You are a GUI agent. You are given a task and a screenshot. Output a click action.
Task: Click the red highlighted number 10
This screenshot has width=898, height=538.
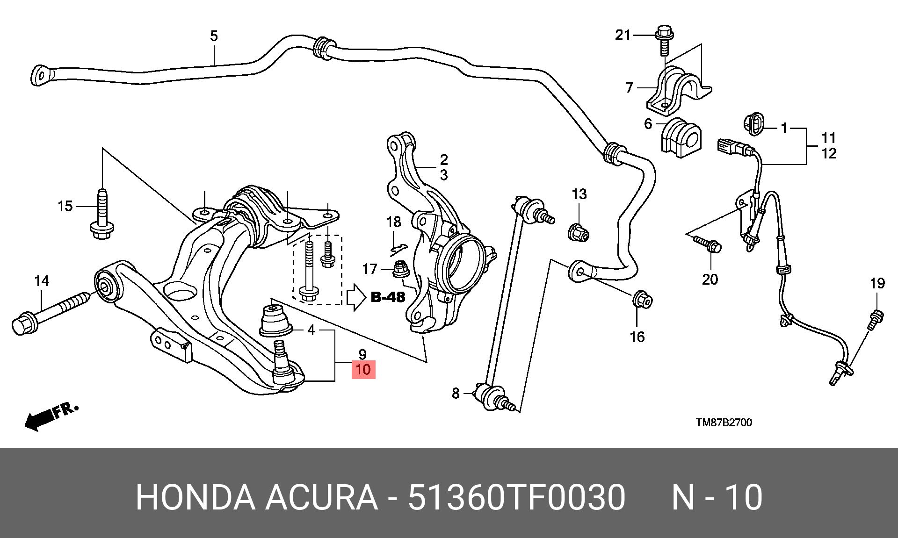[x=363, y=370]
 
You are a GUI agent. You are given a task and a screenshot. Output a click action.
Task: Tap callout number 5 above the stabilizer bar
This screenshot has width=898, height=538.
[x=214, y=36]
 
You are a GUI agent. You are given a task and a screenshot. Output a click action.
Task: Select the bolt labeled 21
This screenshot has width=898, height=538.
[x=665, y=40]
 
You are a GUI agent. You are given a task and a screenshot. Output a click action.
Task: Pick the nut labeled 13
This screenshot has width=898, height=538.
[x=579, y=232]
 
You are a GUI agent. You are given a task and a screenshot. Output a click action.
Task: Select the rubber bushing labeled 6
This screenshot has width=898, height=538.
[x=681, y=137]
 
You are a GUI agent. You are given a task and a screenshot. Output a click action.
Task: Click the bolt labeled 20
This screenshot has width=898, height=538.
[x=707, y=244]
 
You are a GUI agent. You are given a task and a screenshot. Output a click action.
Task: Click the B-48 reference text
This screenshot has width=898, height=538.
[x=388, y=297]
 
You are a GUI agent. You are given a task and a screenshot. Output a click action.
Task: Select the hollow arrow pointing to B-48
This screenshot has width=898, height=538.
[x=356, y=297]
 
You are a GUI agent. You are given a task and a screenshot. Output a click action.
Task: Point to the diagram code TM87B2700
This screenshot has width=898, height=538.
[x=724, y=423]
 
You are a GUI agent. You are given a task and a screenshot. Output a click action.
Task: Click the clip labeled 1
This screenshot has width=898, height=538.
[x=753, y=124]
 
